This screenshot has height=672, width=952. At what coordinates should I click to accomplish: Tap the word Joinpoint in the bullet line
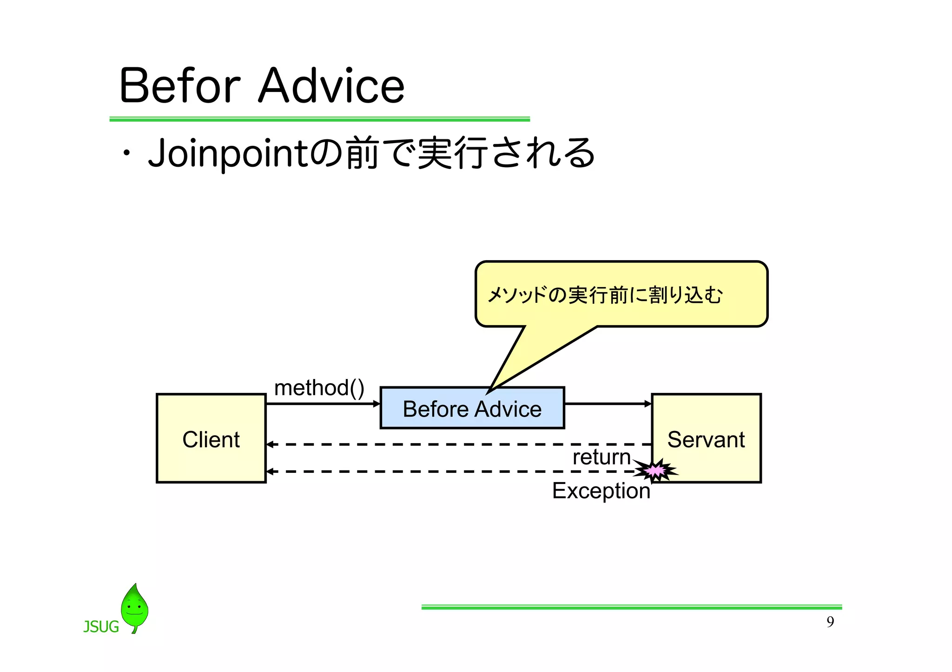coord(228,153)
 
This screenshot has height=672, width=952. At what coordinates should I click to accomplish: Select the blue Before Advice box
coord(472,408)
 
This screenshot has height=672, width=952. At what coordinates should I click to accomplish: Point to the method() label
coord(319,387)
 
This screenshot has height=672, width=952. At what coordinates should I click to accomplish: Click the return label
coord(601,457)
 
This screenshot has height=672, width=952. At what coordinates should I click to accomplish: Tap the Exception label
coord(601,490)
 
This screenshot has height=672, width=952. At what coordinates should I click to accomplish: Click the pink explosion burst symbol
coord(656,471)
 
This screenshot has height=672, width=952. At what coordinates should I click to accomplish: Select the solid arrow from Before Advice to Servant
coord(607,404)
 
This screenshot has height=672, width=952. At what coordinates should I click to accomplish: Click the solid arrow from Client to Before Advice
coord(323,404)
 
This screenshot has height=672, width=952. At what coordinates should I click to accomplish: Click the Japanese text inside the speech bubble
coord(604,295)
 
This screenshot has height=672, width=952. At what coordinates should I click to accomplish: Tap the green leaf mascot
coord(134,607)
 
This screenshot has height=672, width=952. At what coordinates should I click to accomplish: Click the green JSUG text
coord(101,627)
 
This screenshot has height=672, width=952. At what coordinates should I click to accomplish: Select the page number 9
coord(830,622)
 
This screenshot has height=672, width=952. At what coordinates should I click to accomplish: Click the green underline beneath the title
coord(319,119)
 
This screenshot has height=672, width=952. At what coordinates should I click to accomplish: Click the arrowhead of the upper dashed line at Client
coord(269,444)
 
